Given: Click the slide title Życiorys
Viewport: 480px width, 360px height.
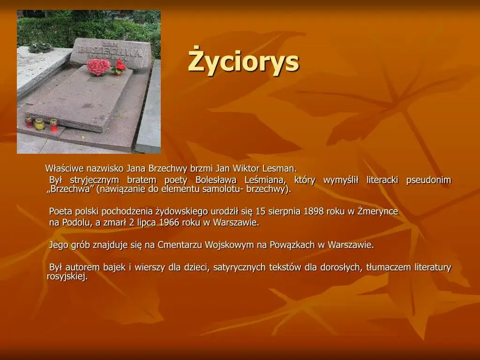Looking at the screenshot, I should click(x=243, y=62).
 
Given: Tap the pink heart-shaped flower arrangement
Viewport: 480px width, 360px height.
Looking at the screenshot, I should click(x=98, y=67).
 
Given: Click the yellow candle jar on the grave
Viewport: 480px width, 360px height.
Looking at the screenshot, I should click(x=40, y=124).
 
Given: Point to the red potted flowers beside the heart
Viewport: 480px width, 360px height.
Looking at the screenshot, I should click(x=119, y=67).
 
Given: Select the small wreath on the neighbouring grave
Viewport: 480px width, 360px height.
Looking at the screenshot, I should click(x=40, y=48).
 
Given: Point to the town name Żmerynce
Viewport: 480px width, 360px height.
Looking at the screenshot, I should click(x=377, y=211).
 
